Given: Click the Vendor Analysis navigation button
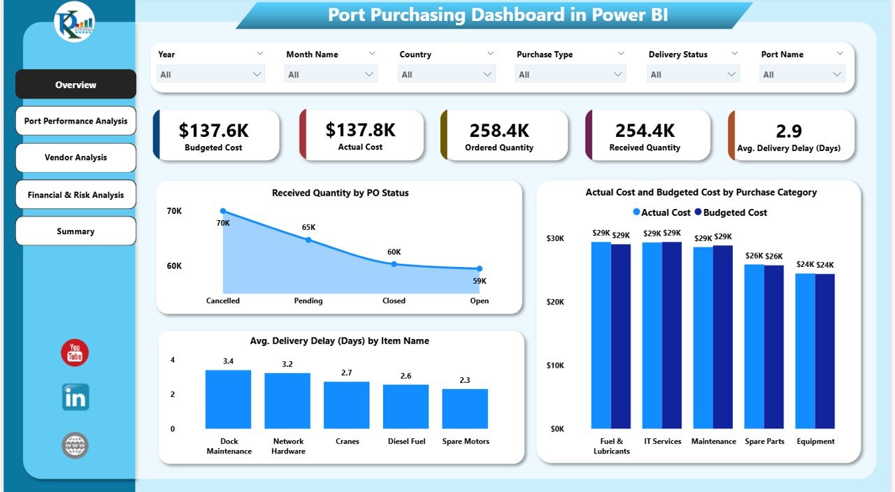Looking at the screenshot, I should click(x=76, y=157).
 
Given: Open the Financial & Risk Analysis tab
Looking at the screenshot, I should click(x=76, y=195).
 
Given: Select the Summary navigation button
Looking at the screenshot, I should click(x=76, y=231).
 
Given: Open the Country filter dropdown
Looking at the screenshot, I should click(x=446, y=75).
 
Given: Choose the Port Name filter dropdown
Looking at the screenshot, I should click(x=803, y=75).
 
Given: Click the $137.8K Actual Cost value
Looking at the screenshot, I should click(x=360, y=130).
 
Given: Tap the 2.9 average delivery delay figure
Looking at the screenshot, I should click(x=789, y=131).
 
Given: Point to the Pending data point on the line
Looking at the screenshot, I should click(x=308, y=240).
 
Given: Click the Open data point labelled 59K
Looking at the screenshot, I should click(x=480, y=268).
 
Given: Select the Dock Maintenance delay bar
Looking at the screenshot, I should click(x=228, y=399).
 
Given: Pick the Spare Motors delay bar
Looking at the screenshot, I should click(x=465, y=408).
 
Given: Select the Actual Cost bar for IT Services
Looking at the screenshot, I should click(x=652, y=335).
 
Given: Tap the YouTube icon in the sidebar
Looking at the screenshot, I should click(x=75, y=353).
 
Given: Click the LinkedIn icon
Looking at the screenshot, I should click(x=75, y=397).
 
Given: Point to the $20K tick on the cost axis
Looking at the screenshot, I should click(x=557, y=302).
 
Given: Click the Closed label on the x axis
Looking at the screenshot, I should click(x=394, y=301).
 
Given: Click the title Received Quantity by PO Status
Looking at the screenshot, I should click(x=340, y=193).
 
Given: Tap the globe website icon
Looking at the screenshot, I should click(x=75, y=445).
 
